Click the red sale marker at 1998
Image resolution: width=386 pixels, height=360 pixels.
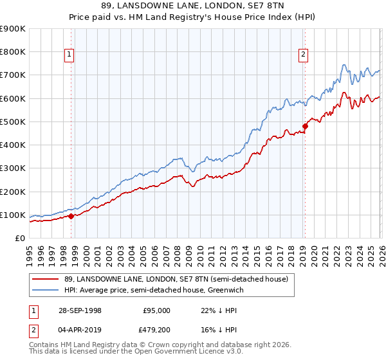click(71, 216)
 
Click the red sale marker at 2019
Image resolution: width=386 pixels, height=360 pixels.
click(305, 126)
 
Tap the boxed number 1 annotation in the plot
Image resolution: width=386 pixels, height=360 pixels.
click(69, 55)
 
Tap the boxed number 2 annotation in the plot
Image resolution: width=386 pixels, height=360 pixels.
click(302, 55)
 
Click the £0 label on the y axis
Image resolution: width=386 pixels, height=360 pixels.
click(19, 239)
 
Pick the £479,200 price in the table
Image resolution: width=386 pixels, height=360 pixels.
click(156, 330)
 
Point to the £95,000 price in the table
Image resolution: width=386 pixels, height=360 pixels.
click(156, 310)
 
